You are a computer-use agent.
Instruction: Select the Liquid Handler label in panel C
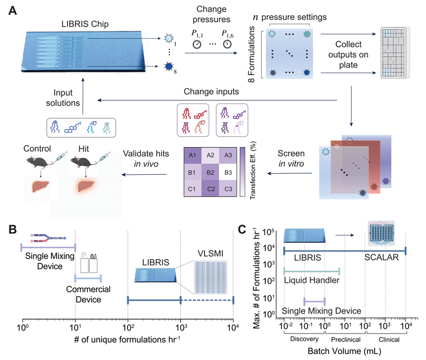311,280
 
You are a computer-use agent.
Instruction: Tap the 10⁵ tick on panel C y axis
272,232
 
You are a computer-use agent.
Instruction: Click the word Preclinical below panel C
345,339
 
